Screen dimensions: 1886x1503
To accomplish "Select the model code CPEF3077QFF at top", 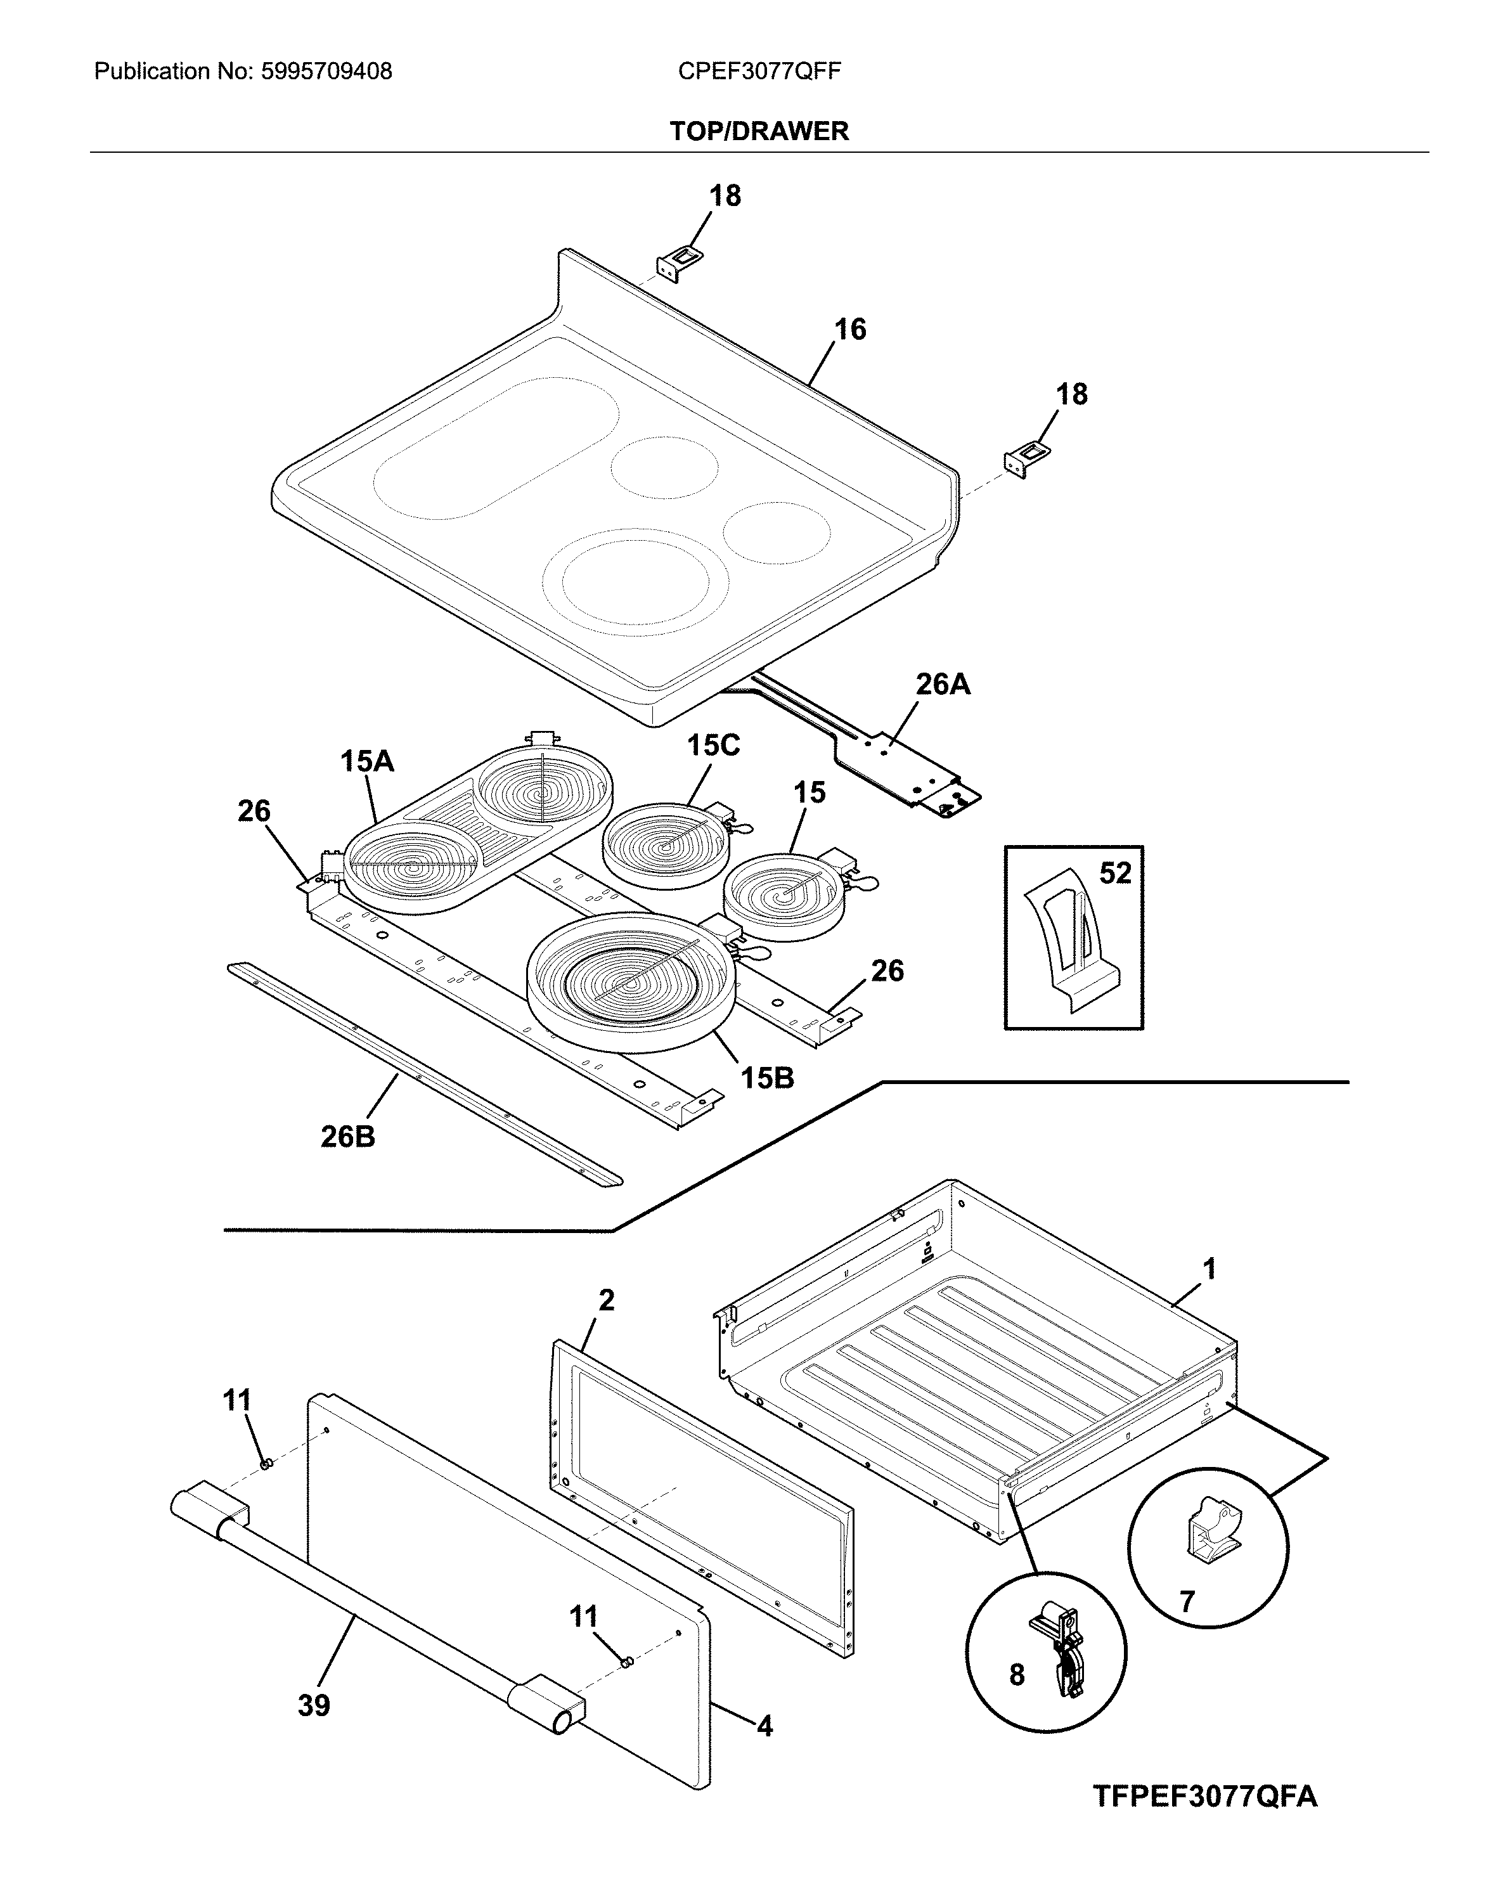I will click(759, 72).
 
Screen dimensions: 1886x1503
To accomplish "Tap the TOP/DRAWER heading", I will click(759, 131).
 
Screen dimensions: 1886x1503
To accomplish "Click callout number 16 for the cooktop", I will click(849, 330).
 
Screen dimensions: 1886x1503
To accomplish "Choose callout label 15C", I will click(713, 746).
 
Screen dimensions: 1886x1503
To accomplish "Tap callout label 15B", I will click(767, 1078).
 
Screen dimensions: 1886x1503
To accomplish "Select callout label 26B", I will click(347, 1136).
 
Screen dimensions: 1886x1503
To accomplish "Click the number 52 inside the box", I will click(1114, 873).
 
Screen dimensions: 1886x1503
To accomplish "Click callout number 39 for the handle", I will click(314, 1704).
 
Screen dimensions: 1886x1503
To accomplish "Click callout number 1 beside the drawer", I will click(1209, 1269).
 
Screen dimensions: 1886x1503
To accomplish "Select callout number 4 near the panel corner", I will click(764, 1726).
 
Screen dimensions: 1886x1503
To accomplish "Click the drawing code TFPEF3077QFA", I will click(1204, 1789).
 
